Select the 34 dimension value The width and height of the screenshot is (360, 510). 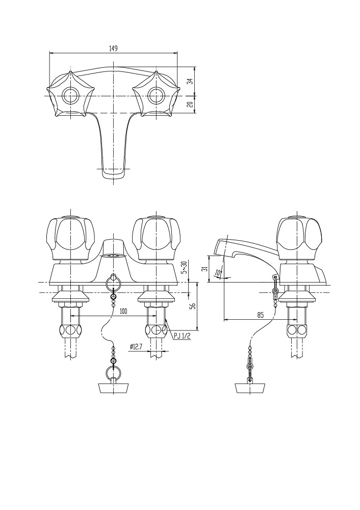tap(192, 81)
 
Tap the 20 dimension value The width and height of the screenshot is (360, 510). tap(192, 105)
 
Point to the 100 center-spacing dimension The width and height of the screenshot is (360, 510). tap(123, 312)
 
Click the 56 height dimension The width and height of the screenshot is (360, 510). tap(192, 305)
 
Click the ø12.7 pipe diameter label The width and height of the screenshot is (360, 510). tap(136, 347)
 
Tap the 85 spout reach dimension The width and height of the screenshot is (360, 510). tap(260, 315)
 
